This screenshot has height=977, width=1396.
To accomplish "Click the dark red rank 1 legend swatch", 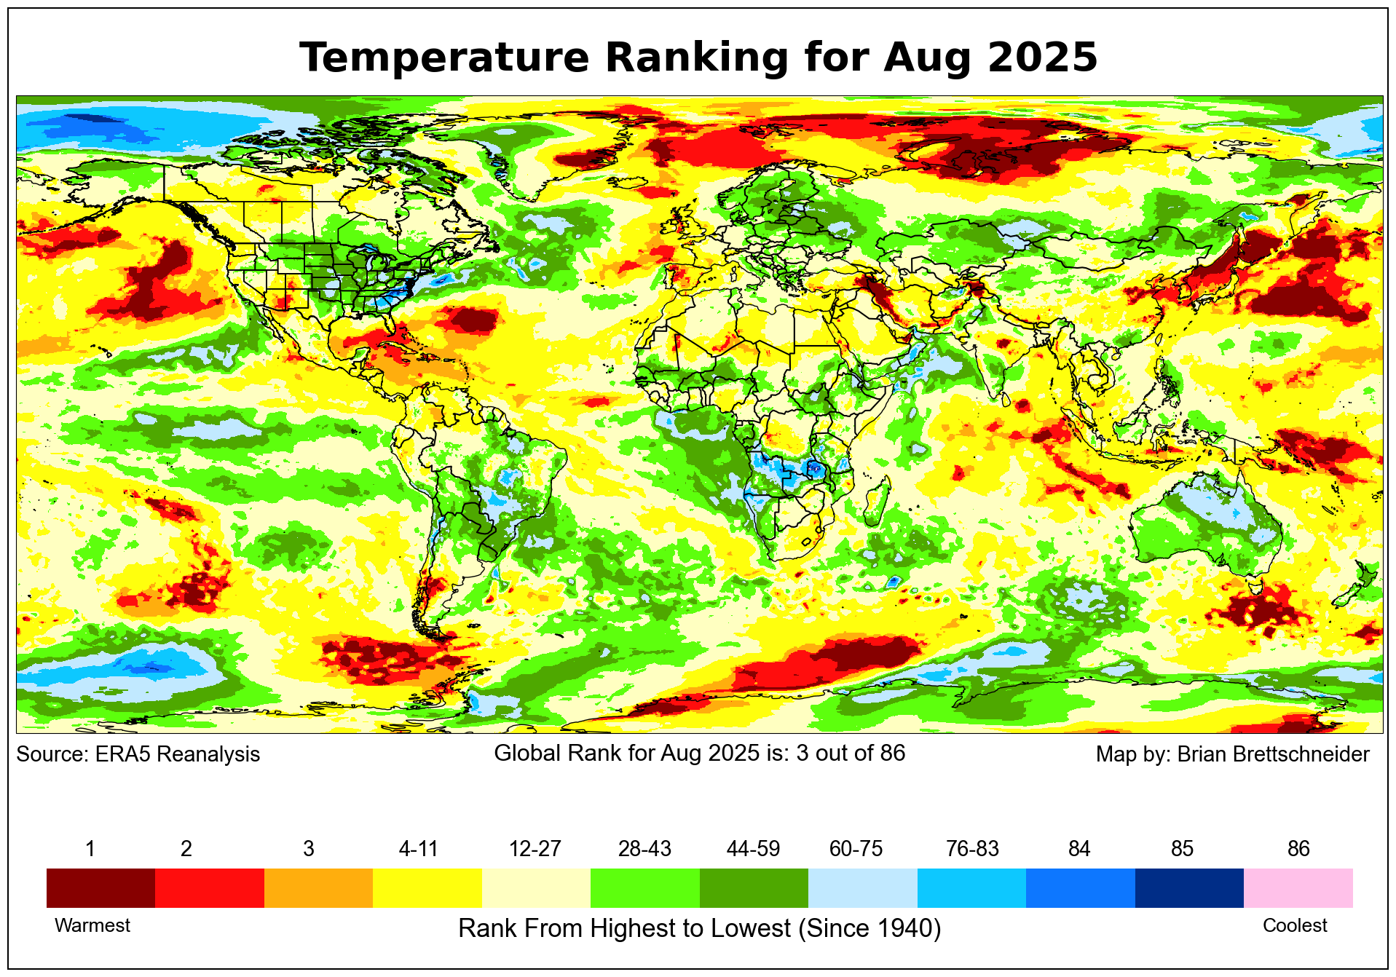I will click(100, 887).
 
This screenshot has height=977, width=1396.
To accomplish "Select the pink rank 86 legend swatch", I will click(1298, 887).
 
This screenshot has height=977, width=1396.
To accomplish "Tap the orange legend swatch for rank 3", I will click(318, 887).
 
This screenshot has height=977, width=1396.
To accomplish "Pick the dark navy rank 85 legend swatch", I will click(1188, 887).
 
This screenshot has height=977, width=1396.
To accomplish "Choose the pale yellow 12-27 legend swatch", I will click(536, 887).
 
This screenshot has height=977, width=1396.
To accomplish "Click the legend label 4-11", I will click(418, 849).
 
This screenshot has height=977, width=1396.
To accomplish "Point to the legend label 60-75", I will click(856, 849).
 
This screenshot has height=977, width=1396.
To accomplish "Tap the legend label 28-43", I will click(644, 849).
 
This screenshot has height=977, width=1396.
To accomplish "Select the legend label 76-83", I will click(972, 849).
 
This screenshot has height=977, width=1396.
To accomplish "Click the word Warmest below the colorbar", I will click(92, 925).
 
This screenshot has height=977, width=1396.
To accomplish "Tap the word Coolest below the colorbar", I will click(1294, 925).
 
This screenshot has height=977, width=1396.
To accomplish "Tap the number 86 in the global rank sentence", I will click(892, 753).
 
